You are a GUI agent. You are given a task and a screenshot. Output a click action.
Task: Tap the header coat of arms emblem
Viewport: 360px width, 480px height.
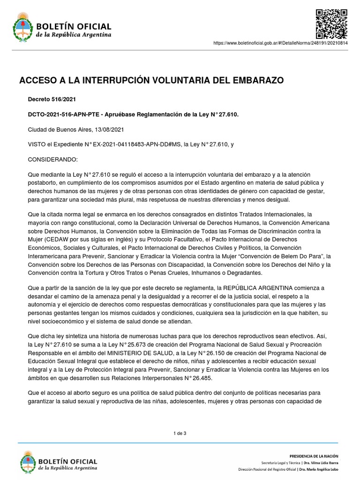coord(21,28)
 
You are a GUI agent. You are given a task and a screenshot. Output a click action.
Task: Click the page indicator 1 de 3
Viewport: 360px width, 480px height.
coord(180,433)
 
